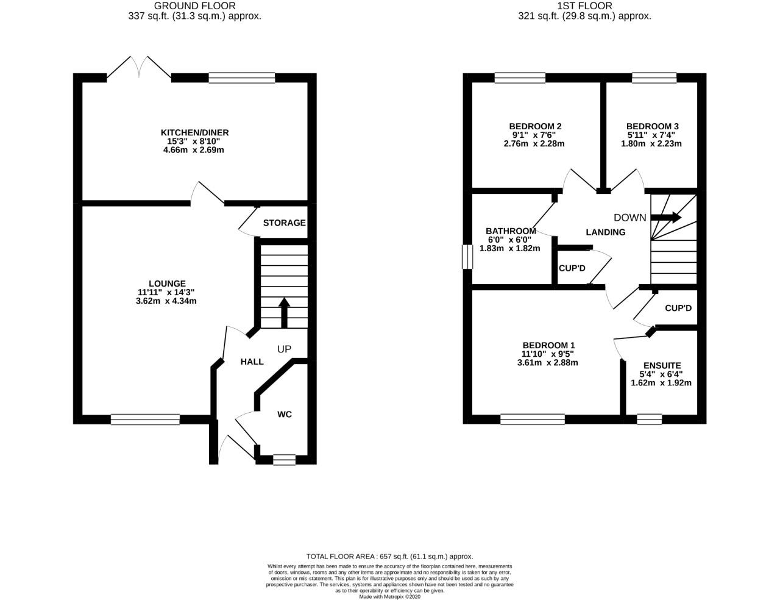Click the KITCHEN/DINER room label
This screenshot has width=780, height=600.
194,132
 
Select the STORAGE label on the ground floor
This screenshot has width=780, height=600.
284,223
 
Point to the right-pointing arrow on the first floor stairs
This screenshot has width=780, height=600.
668,217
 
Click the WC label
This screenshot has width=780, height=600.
285,415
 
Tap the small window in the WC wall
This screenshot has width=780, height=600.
284,460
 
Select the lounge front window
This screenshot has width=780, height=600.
145,419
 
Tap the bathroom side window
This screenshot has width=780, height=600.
467,257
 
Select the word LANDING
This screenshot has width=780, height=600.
606,232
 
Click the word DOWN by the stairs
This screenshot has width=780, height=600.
629,218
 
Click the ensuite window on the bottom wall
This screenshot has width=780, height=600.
649,419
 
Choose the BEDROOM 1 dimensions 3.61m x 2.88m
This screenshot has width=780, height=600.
548,362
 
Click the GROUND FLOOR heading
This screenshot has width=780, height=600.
194,6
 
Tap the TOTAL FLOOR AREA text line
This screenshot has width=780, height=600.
389,556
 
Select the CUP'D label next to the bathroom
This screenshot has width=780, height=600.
572,268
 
